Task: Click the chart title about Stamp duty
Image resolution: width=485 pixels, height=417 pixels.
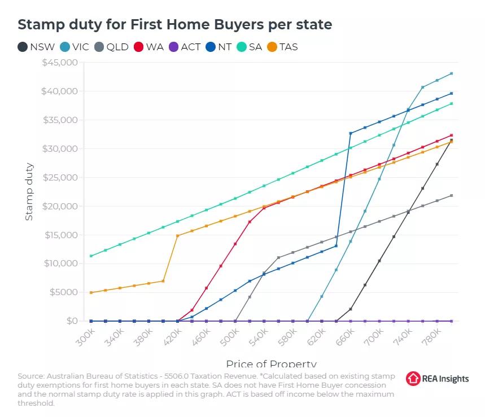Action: (x=174, y=25)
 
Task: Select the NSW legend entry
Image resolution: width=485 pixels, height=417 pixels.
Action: (x=37, y=47)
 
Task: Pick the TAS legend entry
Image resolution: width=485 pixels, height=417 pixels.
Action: (x=283, y=47)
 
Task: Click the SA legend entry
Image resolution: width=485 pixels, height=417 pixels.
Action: (x=249, y=47)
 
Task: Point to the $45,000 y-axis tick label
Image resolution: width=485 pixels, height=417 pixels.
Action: (x=60, y=63)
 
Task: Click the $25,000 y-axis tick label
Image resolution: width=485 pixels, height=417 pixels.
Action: (x=60, y=177)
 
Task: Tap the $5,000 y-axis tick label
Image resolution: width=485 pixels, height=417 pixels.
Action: (x=63, y=292)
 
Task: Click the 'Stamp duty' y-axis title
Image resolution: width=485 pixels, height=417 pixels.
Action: (x=29, y=192)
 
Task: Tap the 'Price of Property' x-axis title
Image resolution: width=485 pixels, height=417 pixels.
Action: (x=271, y=363)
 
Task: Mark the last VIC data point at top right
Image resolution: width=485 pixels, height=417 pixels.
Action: (x=451, y=73)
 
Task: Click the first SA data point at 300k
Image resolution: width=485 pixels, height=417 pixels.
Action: (x=91, y=256)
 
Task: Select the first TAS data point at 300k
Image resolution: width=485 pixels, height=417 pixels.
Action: (x=91, y=292)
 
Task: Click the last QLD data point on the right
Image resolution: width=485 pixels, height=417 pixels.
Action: (x=451, y=196)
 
